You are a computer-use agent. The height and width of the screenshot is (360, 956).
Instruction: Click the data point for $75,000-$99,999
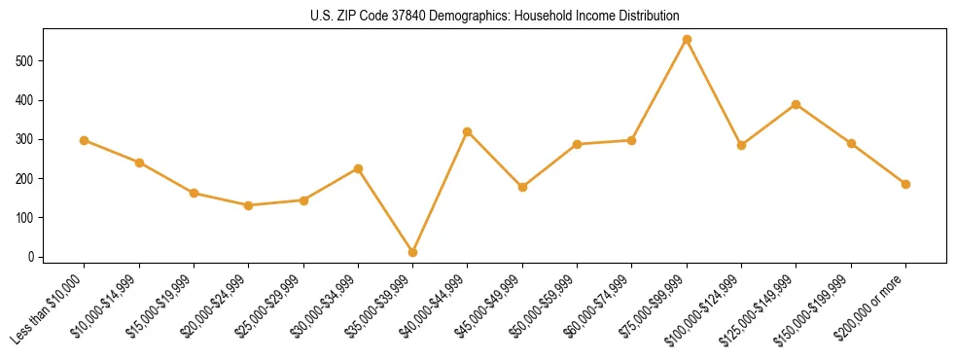(687, 40)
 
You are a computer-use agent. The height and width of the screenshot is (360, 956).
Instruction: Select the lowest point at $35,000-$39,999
(412, 252)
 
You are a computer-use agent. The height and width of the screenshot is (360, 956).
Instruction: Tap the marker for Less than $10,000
(85, 140)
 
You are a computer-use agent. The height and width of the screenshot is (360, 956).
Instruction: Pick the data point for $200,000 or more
(905, 184)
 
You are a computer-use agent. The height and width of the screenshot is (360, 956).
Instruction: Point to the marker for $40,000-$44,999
(468, 131)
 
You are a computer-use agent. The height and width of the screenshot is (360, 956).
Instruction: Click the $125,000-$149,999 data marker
(796, 104)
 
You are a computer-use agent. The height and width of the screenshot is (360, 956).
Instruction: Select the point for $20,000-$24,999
(249, 205)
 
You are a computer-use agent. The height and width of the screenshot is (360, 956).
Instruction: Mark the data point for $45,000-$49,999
(522, 187)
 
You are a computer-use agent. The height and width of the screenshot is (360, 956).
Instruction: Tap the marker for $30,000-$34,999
(358, 168)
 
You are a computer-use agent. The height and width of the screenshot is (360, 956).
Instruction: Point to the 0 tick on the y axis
(33, 257)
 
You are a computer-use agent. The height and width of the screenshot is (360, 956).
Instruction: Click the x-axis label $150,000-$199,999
(817, 306)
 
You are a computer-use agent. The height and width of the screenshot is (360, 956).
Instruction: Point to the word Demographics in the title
(462, 16)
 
